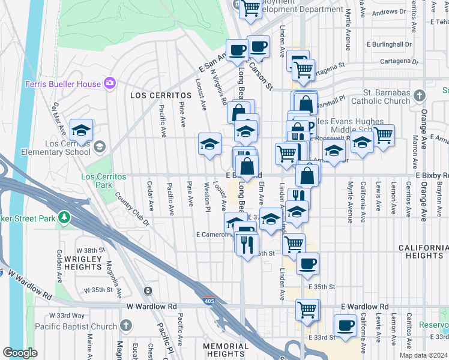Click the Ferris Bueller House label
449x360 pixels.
62,84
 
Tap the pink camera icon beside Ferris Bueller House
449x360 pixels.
109,83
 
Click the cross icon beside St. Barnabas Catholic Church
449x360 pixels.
420,95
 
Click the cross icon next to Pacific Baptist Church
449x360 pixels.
125,326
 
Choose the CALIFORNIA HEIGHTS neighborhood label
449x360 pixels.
423,251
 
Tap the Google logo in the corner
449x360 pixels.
20,353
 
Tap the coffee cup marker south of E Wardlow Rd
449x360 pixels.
345,326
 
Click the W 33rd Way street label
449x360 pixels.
67,316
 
